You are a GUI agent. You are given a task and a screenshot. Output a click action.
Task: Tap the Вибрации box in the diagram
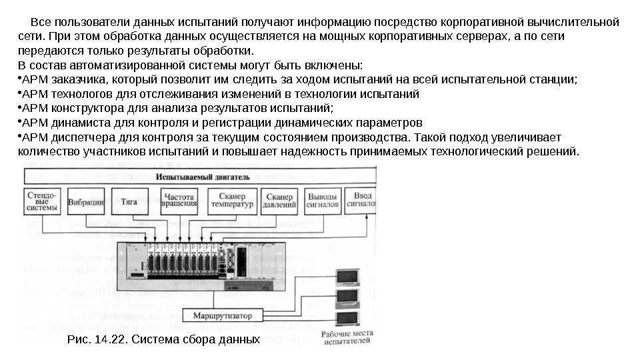click(x=86, y=202)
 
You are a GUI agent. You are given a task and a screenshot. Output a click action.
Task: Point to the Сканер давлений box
click(x=279, y=201)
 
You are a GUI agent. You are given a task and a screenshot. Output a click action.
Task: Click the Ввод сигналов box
click(x=363, y=201)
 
